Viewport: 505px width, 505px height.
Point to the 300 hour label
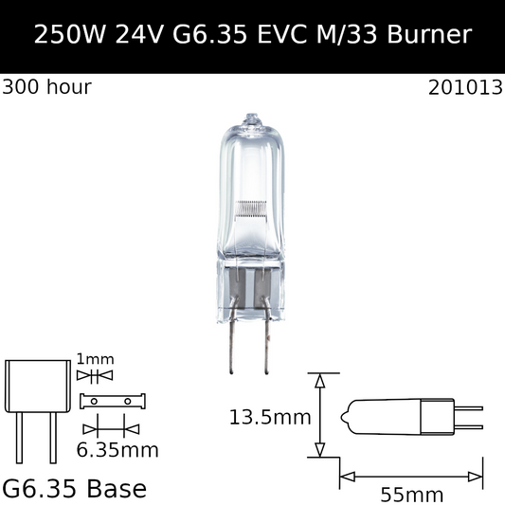tap(46, 87)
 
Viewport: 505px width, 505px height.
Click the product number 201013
tap(463, 87)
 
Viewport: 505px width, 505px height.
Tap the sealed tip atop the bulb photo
tap(251, 120)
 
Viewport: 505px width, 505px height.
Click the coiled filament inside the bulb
tap(251, 208)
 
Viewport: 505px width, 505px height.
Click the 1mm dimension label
tap(95, 359)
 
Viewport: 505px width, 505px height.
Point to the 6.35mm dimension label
tap(117, 448)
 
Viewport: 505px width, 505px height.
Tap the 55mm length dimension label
tap(412, 494)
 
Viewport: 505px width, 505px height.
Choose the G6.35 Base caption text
tap(75, 489)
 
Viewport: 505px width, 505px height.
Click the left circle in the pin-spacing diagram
tap(95, 401)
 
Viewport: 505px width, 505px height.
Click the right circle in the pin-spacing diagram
tap(127, 401)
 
